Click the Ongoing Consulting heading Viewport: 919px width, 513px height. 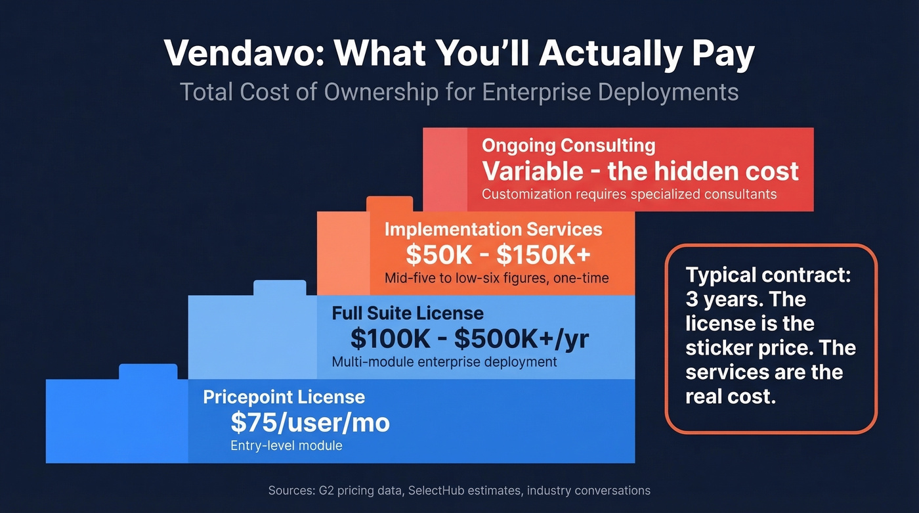click(568, 146)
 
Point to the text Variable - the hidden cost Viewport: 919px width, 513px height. click(641, 171)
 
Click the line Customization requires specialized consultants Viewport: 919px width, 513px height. click(629, 194)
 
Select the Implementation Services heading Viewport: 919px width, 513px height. click(493, 229)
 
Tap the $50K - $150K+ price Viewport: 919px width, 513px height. click(498, 254)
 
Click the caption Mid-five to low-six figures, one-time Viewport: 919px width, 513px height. click(496, 278)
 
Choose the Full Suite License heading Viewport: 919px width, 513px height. click(408, 313)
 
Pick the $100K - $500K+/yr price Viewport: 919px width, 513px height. click(469, 338)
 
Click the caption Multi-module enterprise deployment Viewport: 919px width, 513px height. click(444, 362)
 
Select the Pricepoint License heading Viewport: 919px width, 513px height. click(284, 397)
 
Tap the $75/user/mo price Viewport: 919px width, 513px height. click(310, 422)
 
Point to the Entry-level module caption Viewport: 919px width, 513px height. click(286, 445)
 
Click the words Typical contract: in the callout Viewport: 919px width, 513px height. click(767, 275)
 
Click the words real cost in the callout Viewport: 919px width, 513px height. click(730, 396)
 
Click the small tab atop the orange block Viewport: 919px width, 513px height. click(389, 204)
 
